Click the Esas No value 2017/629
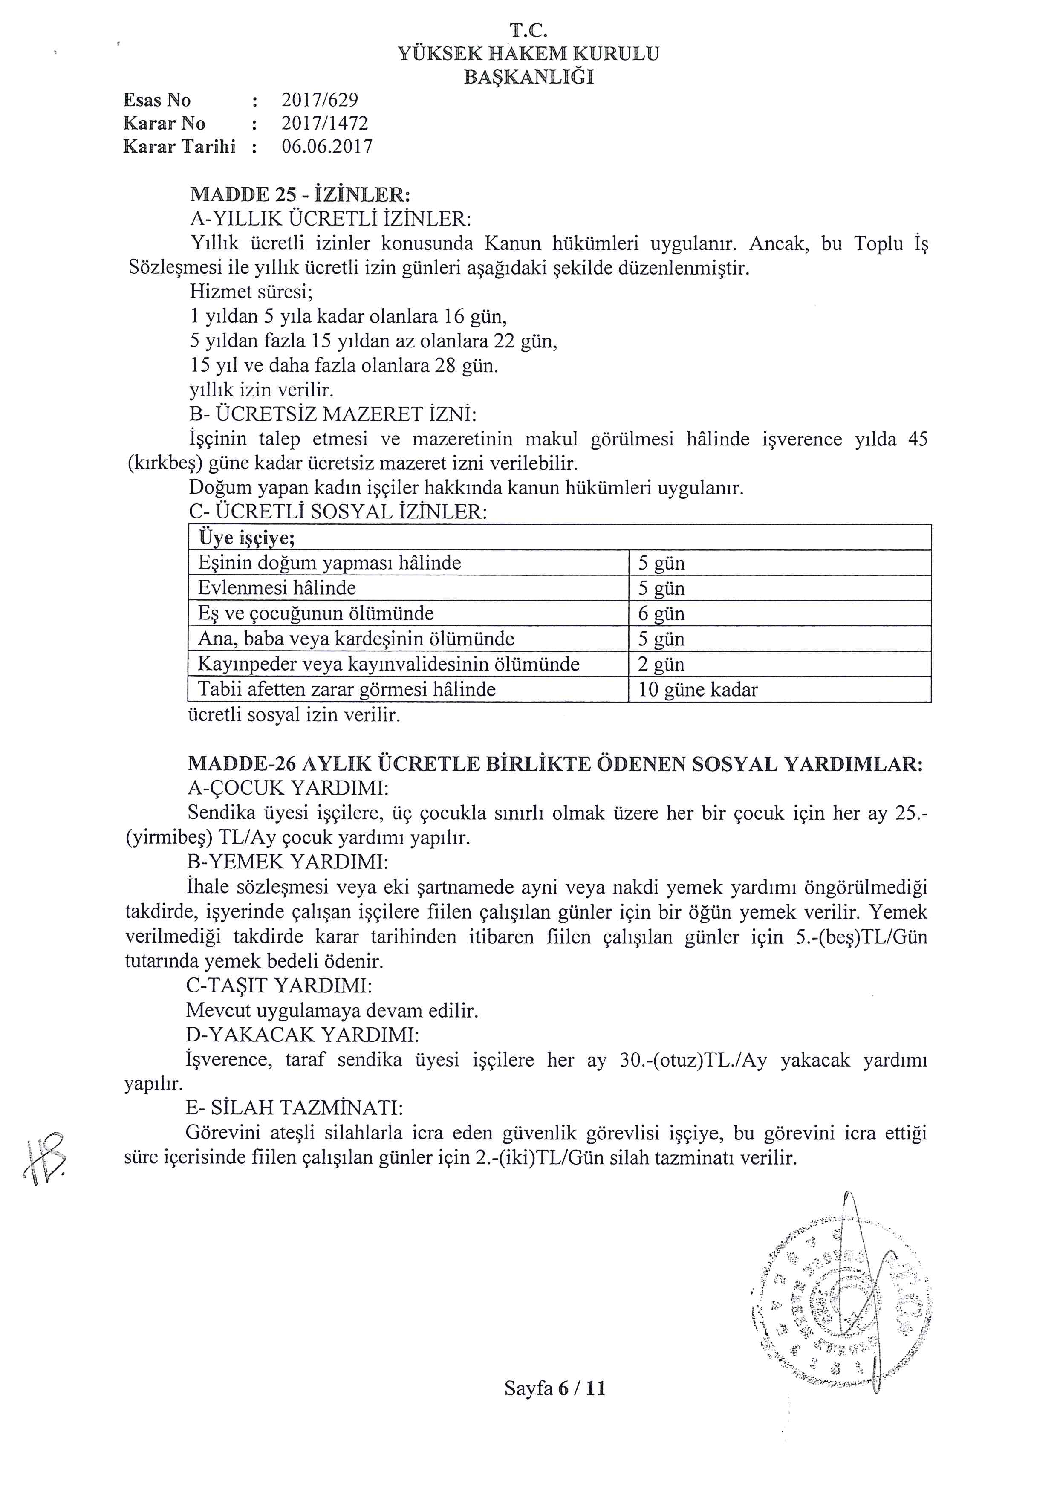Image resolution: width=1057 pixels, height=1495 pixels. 320,100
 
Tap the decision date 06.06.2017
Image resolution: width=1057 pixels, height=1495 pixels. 327,147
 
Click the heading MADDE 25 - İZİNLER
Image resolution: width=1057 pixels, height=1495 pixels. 300,195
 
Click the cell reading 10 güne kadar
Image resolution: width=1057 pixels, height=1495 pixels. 698,690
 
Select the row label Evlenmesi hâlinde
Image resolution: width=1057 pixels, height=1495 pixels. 277,588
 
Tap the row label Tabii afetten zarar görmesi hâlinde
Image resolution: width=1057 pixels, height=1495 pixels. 346,690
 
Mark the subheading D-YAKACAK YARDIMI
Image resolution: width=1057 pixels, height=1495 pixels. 302,1035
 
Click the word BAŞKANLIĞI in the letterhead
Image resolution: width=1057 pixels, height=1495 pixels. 528,78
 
